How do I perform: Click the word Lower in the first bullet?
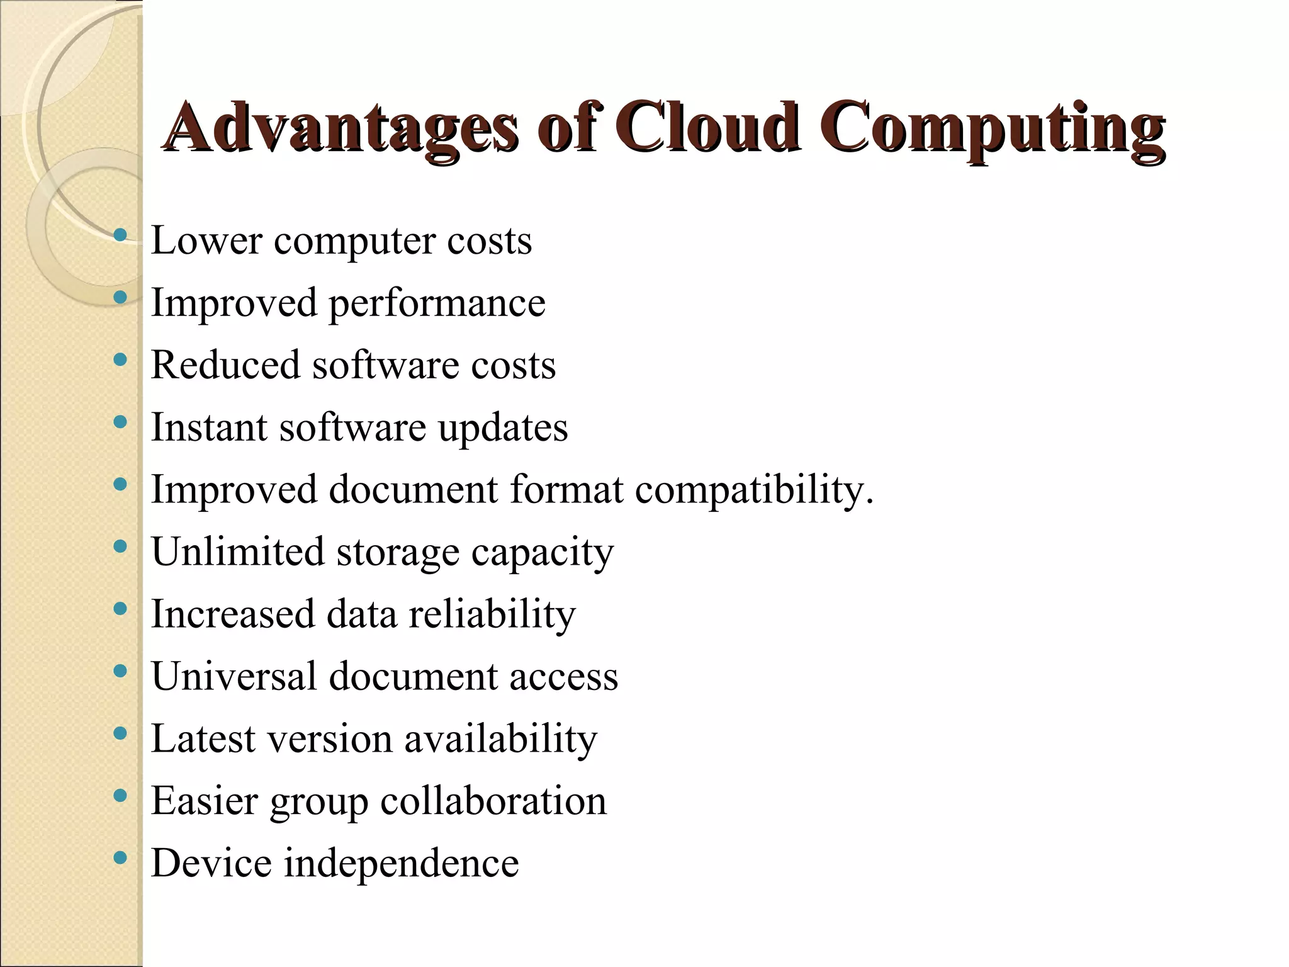tap(206, 240)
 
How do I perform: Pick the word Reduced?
tap(225, 365)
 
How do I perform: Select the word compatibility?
tap(754, 490)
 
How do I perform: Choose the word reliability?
tap(492, 614)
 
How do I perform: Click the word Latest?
tap(203, 738)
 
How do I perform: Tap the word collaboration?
tap(493, 801)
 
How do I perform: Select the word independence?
tap(402, 863)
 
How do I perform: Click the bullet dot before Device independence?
tap(120, 857)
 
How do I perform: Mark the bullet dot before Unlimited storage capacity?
tap(120, 546)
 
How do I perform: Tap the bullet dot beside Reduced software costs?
tap(120, 359)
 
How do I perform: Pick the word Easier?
tap(205, 801)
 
